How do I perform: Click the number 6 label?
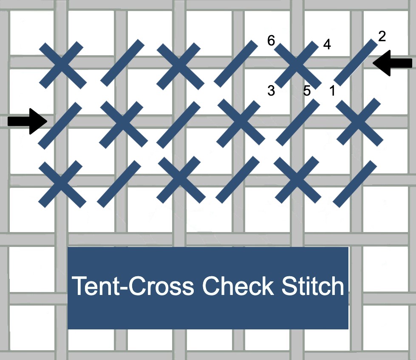tap(271, 41)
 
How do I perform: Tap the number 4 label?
tap(327, 44)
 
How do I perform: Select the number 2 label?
tap(382, 37)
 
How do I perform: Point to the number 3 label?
tap(271, 91)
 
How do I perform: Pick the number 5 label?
tap(307, 91)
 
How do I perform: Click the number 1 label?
tap(332, 91)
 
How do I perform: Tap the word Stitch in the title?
tap(311, 286)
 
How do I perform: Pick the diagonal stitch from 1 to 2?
tap(356, 62)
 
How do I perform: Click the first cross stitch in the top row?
tap(62, 65)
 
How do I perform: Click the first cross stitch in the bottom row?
tap(62, 184)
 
